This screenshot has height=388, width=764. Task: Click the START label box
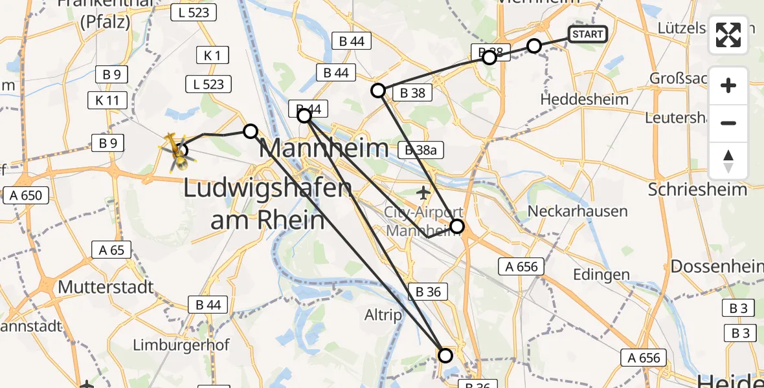click(587, 34)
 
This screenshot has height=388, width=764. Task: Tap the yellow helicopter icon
click(174, 150)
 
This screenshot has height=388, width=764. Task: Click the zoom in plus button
click(728, 85)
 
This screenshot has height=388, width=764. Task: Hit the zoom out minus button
click(728, 123)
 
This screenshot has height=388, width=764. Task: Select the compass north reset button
click(728, 161)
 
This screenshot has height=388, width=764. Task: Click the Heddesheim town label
click(584, 100)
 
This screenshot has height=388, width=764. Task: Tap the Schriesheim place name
click(697, 189)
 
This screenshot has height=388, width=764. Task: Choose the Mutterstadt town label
click(106, 286)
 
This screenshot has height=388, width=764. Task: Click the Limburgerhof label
click(181, 345)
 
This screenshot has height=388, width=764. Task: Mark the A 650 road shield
click(27, 195)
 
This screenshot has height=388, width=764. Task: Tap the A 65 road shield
click(111, 250)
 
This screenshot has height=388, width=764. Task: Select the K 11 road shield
click(107, 100)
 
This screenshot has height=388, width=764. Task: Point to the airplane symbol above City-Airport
click(423, 192)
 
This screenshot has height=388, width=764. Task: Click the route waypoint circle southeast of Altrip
click(445, 355)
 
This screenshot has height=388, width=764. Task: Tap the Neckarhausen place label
click(577, 211)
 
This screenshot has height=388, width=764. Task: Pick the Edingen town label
click(601, 274)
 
